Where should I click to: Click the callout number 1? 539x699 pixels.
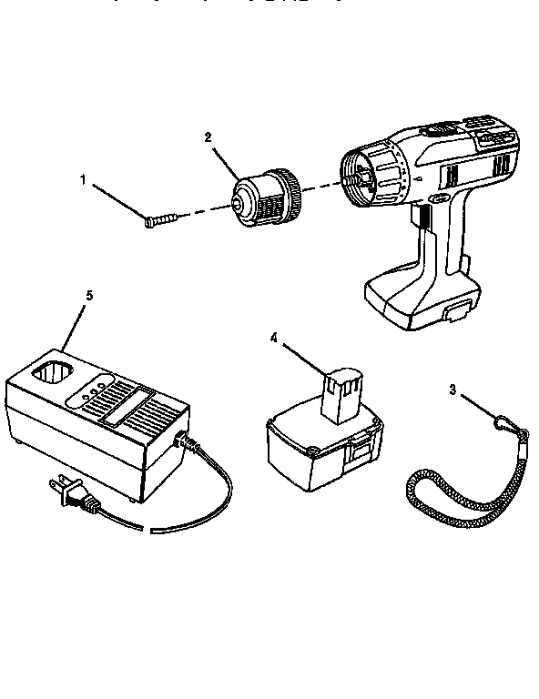(x=84, y=180)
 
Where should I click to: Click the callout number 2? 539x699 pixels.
(x=208, y=137)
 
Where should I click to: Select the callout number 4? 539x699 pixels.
(x=273, y=338)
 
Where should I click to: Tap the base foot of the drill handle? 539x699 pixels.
(x=419, y=300)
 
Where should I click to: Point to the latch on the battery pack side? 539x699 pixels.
(x=361, y=448)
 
